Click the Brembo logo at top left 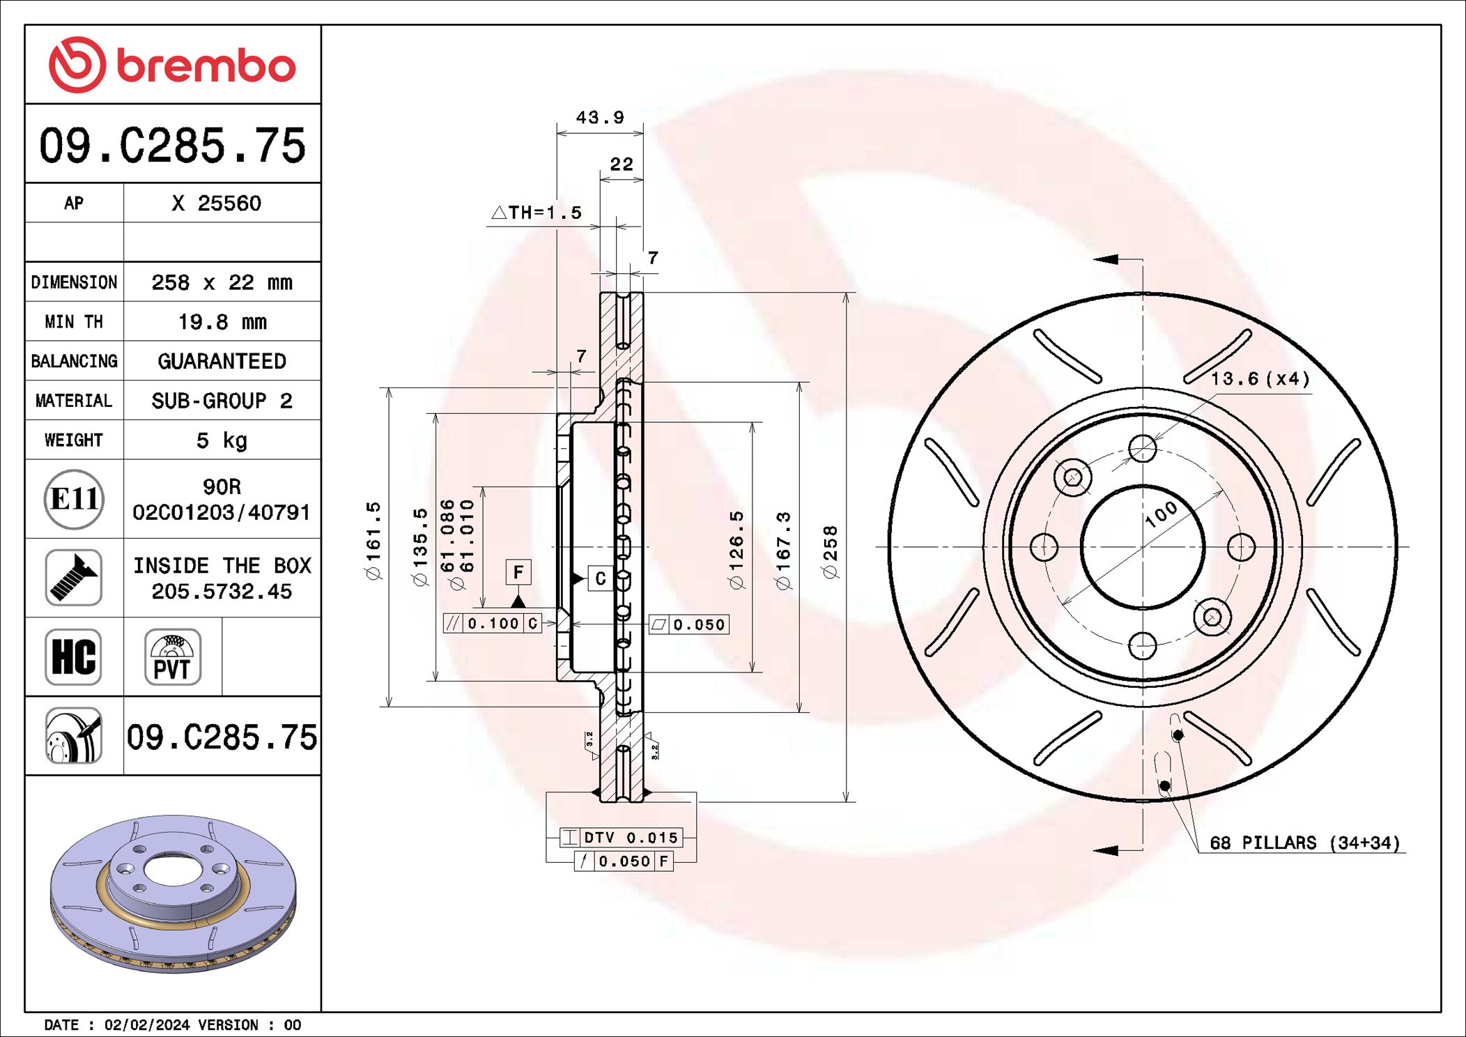click(x=172, y=65)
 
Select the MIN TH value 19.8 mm click(x=222, y=322)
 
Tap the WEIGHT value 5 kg click(x=222, y=440)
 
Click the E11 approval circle click(x=74, y=499)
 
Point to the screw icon click(x=74, y=578)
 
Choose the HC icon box click(x=74, y=656)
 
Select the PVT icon click(x=173, y=656)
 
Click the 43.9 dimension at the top click(x=600, y=117)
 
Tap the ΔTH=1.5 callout click(x=537, y=213)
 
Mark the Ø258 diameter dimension click(x=830, y=552)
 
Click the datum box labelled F click(x=518, y=572)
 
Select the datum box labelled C click(x=600, y=578)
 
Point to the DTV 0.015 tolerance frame click(x=621, y=837)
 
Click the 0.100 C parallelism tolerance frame click(x=493, y=623)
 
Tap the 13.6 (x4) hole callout click(x=1260, y=379)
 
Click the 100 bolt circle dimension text click(x=1162, y=514)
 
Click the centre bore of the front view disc click(x=1143, y=546)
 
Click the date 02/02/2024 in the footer click(x=146, y=1024)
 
